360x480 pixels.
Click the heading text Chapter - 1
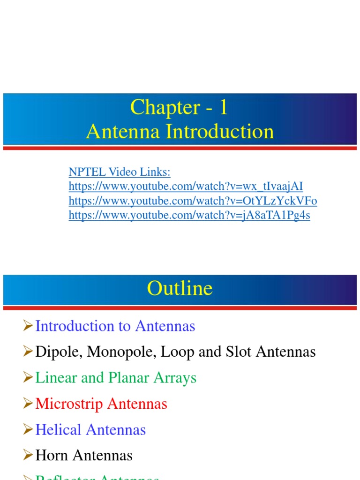[180, 107]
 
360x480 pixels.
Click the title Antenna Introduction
[180, 132]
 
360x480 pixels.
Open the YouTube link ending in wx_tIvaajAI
[186, 187]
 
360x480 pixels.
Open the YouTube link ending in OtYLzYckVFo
[193, 201]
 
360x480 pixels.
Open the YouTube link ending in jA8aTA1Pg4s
[189, 215]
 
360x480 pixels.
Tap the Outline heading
[180, 288]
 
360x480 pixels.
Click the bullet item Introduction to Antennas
[115, 326]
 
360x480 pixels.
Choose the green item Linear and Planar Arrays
[116, 378]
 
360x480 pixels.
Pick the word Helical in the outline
[58, 430]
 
